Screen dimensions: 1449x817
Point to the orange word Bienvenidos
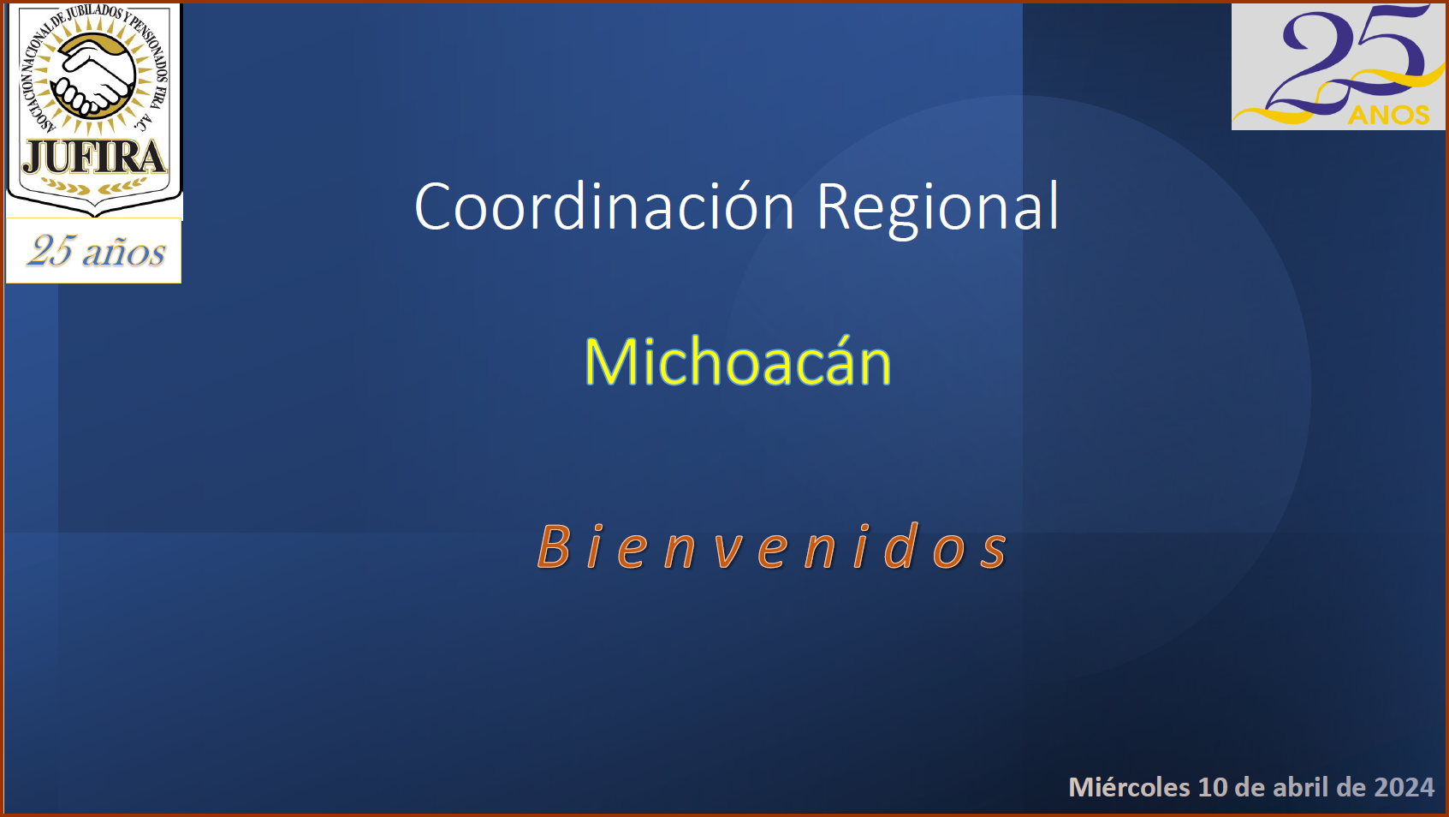coord(772,546)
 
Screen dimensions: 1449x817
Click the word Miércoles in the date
coord(1129,787)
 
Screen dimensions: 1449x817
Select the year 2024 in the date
coord(1404,787)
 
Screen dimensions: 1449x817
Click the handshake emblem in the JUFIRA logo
coord(93,76)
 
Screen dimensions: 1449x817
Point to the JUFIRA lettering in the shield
coord(94,158)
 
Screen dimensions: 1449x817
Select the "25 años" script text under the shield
coord(97,251)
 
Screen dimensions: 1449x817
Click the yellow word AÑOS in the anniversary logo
coord(1388,115)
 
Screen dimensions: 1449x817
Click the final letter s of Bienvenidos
coord(994,553)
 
